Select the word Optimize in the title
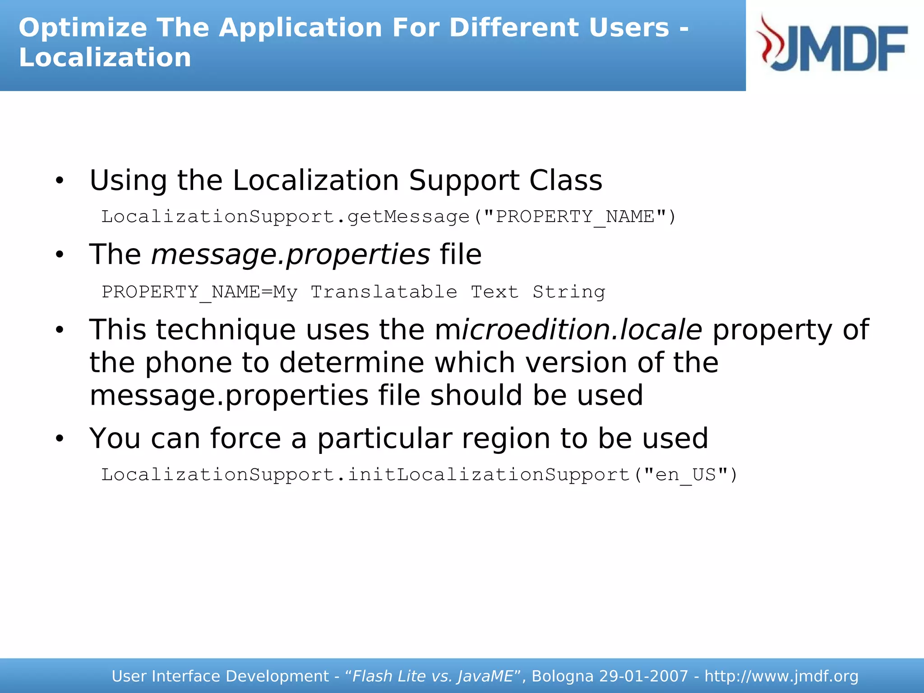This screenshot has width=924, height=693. pyautogui.click(x=83, y=28)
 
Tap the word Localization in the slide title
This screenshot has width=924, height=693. pyautogui.click(x=105, y=58)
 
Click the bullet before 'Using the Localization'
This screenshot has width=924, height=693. pyautogui.click(x=60, y=181)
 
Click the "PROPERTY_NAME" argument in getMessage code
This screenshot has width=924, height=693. pyautogui.click(x=574, y=217)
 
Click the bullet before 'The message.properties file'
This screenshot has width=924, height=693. pyautogui.click(x=60, y=255)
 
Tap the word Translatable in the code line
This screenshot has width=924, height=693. pyautogui.click(x=383, y=292)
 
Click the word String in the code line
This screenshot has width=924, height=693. pyautogui.click(x=568, y=292)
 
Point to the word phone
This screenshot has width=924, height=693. pyautogui.click(x=188, y=363)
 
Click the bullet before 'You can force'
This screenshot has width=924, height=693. pyautogui.click(x=60, y=439)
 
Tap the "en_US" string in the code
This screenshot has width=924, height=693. pyautogui.click(x=685, y=475)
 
